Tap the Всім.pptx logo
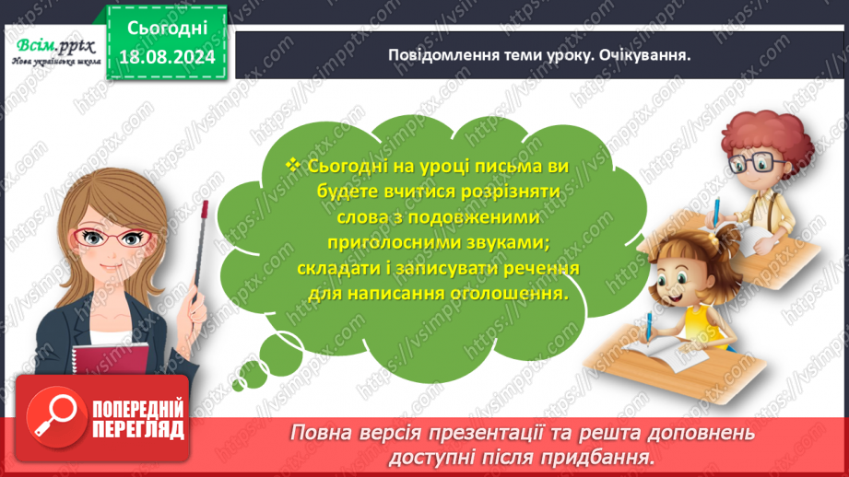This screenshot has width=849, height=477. point(52,44)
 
